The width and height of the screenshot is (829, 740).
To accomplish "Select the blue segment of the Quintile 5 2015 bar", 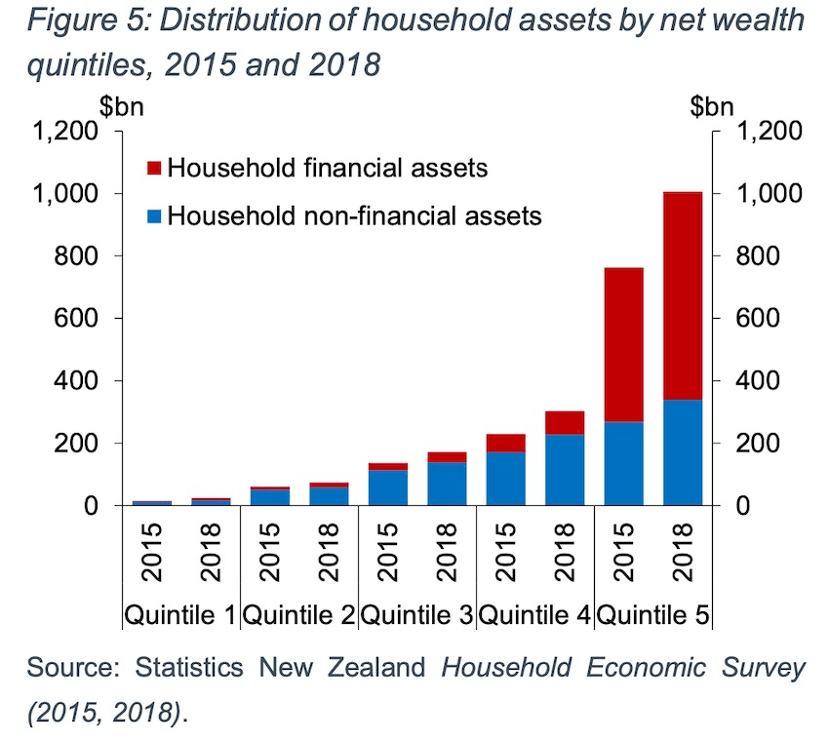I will pos(624,463).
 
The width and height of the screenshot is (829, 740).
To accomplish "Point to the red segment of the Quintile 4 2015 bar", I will pos(506,443).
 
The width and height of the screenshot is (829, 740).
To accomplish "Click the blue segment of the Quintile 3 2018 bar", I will pos(447,484).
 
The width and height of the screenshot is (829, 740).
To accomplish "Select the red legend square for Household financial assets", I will pos(154,168).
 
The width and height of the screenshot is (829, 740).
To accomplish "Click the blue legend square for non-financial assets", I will pos(154,214).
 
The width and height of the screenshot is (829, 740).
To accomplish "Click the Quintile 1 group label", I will pos(179,616).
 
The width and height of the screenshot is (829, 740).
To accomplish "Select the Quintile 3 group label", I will pos(417,616).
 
